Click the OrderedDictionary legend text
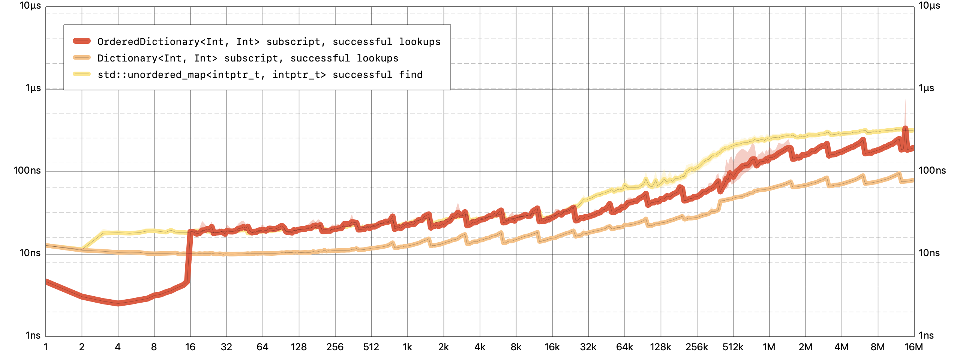268,42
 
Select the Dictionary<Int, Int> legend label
247,58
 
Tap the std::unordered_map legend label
259,75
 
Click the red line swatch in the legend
82,41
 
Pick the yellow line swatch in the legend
82,74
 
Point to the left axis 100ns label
27,171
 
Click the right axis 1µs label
926,88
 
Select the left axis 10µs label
30,6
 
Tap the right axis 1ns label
926,335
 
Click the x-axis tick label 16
190,347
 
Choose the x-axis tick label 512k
733,347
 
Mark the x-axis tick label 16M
913,347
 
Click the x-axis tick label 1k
407,347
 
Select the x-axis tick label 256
335,347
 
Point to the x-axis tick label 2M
805,347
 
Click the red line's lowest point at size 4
118,303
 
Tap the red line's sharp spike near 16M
905,129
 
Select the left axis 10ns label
30,253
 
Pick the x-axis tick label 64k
624,347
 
